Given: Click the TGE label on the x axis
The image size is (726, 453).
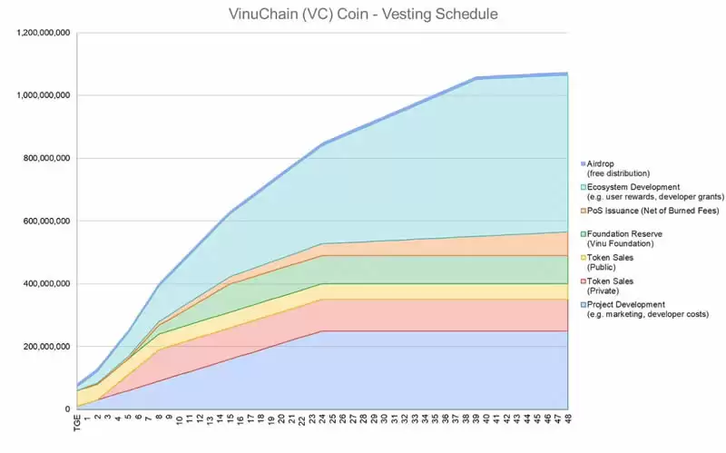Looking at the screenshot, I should click(79, 424).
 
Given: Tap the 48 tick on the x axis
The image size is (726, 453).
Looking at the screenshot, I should click(567, 419).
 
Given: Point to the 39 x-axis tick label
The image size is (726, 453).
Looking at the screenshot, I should click(476, 419).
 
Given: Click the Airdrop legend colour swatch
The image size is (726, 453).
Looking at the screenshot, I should click(580, 163).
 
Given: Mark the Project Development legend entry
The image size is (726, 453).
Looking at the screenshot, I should click(640, 309).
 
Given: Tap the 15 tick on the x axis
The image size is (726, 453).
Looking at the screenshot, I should click(231, 419).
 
